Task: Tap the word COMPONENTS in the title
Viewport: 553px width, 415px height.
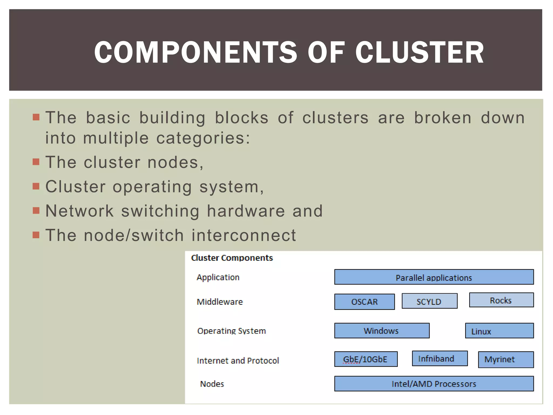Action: click(195, 52)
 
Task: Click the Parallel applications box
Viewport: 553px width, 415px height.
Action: click(434, 277)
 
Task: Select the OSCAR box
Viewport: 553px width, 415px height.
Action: click(364, 302)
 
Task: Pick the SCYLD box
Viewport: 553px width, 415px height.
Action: click(429, 301)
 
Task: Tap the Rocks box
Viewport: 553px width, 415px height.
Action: click(501, 300)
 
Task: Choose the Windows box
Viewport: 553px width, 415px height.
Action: click(382, 331)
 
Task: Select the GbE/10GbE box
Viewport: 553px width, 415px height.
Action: click(366, 359)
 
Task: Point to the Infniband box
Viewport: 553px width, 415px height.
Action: click(440, 359)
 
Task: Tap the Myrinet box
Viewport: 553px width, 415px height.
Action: click(505, 360)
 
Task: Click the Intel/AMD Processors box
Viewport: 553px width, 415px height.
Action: click(434, 384)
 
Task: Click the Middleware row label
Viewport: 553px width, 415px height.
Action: click(220, 302)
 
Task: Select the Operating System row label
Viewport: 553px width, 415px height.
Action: click(231, 331)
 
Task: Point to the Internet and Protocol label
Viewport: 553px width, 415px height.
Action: click(238, 361)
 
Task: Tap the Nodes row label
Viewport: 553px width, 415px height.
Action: click(212, 384)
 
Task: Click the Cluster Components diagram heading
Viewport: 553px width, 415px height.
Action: click(232, 258)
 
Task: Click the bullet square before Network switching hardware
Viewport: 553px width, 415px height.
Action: click(36, 210)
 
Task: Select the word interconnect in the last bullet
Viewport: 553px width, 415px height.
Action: click(244, 235)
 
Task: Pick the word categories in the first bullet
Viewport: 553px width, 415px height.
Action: click(203, 138)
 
